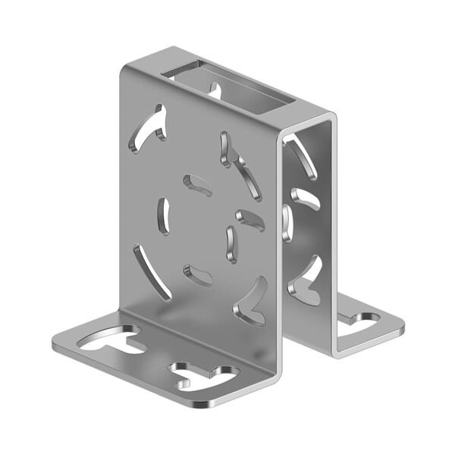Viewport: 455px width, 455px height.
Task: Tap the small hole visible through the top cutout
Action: pyautogui.click(x=214, y=91)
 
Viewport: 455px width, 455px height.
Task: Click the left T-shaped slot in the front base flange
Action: pyautogui.click(x=114, y=341)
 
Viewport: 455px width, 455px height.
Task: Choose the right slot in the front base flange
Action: pyautogui.click(x=204, y=373)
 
